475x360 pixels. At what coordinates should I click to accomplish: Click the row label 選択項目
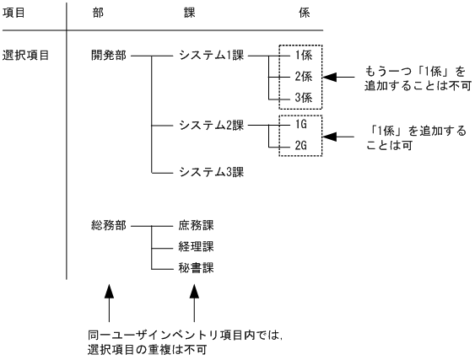(x=26, y=56)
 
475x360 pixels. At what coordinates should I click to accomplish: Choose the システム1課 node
(x=210, y=56)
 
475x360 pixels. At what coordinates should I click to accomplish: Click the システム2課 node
(x=210, y=125)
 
